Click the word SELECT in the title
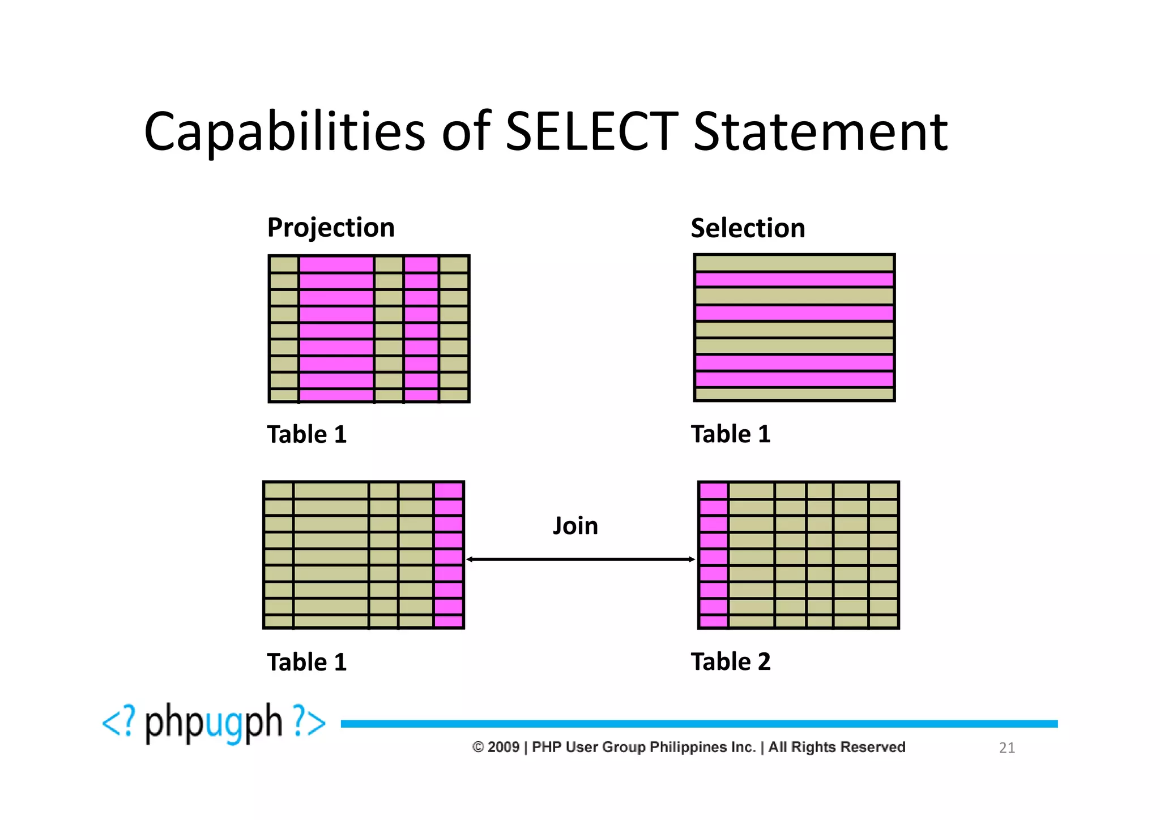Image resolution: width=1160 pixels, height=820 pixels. (x=591, y=132)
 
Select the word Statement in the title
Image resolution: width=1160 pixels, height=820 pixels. (x=820, y=132)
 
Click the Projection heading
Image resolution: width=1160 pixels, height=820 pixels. (x=331, y=228)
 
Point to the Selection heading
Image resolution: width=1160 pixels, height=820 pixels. (x=748, y=228)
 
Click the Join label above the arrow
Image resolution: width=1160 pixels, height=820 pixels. (x=575, y=526)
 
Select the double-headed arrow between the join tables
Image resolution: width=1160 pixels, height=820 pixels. (x=581, y=560)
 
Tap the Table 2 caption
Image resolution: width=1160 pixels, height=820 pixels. (x=731, y=661)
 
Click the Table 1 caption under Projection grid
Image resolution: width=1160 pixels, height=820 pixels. (x=306, y=434)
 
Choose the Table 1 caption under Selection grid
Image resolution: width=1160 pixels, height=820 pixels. (x=731, y=434)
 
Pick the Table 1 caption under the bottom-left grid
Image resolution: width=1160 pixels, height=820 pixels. (x=306, y=662)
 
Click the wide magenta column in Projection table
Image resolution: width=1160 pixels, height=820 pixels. (x=336, y=328)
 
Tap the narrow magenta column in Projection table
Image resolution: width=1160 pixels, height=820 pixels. (x=421, y=328)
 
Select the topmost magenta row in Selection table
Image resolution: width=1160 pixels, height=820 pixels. (x=794, y=279)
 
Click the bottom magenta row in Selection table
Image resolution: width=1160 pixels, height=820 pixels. (x=794, y=379)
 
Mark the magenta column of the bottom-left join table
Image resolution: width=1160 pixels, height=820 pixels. (x=449, y=555)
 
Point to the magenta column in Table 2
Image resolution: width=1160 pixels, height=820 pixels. (x=713, y=555)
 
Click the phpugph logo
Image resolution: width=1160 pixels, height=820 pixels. (x=214, y=723)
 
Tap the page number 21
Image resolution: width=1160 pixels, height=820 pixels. (x=1007, y=748)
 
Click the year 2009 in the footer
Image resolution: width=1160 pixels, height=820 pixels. (x=504, y=747)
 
